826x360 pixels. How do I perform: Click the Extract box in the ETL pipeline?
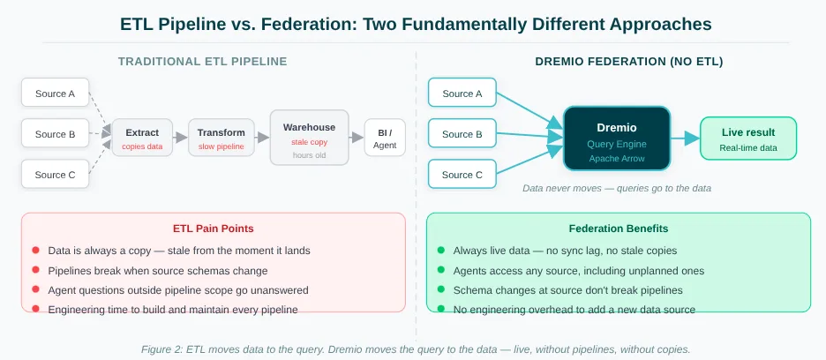point(142,138)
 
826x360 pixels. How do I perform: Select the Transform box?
point(222,138)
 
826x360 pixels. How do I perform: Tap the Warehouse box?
point(309,138)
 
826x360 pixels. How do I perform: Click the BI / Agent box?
point(385,138)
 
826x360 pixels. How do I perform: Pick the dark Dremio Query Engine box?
point(617,139)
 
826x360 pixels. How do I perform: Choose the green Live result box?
point(748,139)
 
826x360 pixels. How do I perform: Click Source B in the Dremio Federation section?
point(462,134)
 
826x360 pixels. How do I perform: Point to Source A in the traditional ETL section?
point(56,93)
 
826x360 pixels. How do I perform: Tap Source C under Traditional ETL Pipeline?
point(56,174)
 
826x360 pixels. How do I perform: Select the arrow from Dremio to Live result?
point(685,139)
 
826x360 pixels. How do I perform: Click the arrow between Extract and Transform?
point(181,138)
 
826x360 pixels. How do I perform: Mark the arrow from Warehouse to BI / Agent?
point(357,138)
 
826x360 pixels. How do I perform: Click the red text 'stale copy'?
point(309,142)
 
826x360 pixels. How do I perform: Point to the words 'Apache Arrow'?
point(617,158)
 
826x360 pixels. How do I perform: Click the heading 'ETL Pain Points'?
point(214,229)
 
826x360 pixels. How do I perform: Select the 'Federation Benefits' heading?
point(619,229)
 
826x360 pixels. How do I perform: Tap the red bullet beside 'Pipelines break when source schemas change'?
point(36,270)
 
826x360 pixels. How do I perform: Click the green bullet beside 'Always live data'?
point(441,251)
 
